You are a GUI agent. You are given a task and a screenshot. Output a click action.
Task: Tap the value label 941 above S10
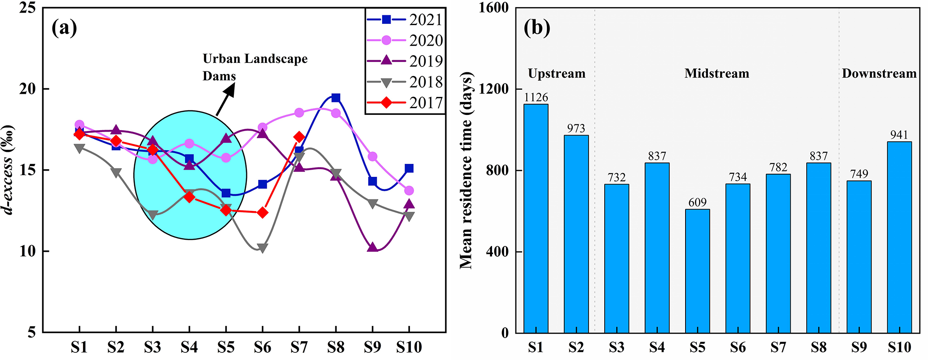[899, 135]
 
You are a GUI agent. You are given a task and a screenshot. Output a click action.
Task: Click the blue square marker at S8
[335, 98]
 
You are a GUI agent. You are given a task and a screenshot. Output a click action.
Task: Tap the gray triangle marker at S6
[263, 248]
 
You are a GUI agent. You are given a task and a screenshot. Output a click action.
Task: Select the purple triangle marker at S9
[372, 247]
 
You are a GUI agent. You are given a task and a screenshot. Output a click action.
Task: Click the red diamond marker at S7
[299, 137]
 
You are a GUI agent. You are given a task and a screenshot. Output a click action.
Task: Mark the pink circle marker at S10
[409, 191]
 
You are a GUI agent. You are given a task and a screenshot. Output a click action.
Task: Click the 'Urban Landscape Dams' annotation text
[255, 67]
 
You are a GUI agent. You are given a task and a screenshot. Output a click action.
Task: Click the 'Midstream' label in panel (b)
[717, 74]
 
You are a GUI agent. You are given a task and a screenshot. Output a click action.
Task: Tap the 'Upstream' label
[556, 74]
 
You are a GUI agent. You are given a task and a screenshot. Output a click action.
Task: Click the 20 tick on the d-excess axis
[28, 89]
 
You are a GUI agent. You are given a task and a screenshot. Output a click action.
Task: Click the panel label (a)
[64, 28]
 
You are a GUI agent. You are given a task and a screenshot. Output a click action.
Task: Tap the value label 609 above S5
[697, 203]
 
